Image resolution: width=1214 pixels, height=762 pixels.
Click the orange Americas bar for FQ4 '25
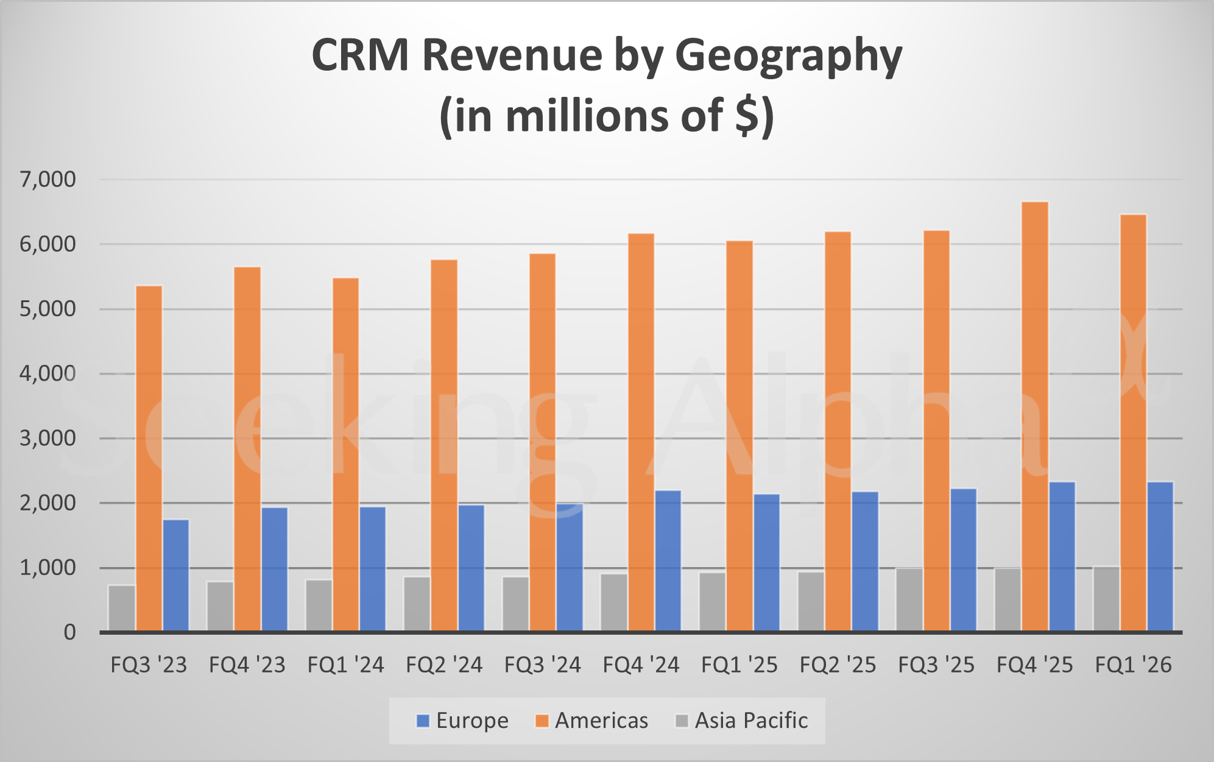coord(1034,417)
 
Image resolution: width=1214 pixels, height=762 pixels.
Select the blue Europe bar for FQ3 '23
coord(176,575)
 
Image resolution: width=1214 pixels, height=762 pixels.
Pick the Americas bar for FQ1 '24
coord(345,454)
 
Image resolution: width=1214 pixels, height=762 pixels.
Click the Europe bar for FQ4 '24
coord(668,560)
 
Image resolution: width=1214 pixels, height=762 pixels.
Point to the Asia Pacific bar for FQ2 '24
coord(417,604)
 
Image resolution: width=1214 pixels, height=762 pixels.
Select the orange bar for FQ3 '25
coord(936,431)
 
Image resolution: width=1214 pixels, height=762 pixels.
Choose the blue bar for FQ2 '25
coord(865,561)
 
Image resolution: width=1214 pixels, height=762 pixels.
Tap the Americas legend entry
coord(591,721)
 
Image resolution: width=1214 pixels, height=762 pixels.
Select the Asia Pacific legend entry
coord(742,721)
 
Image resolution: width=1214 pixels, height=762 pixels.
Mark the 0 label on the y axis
coord(69,633)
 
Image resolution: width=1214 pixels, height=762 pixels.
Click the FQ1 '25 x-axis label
coord(739,665)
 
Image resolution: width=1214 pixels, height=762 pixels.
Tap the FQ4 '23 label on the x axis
coord(247,665)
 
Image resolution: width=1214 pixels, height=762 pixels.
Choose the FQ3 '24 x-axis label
coord(542,665)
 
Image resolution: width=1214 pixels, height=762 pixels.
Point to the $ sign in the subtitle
coord(747,116)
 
